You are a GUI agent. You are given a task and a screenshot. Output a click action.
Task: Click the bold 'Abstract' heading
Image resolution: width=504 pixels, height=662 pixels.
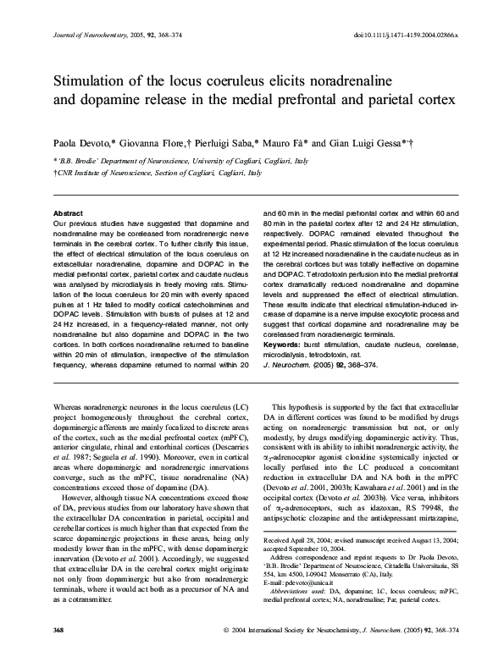point(68,213)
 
